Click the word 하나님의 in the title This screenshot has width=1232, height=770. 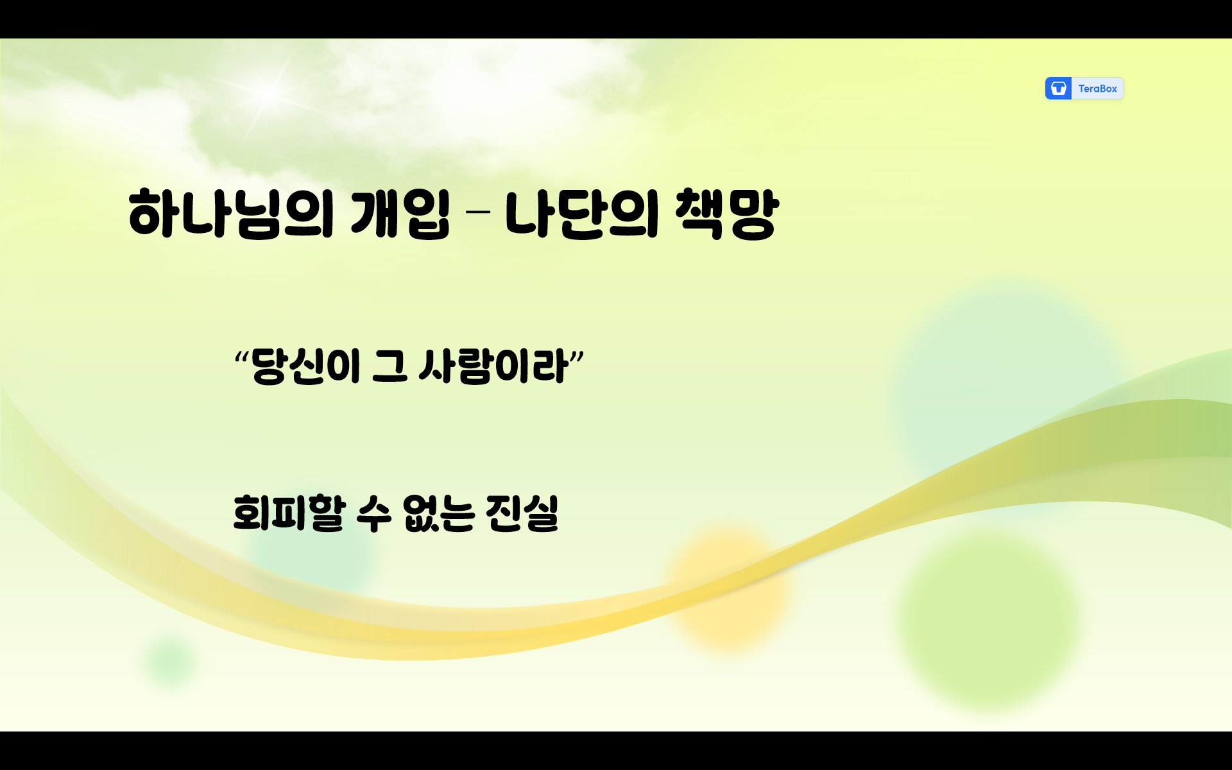(231, 214)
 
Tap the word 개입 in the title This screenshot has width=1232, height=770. (400, 214)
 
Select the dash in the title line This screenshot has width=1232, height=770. (476, 211)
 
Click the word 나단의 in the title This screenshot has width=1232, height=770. (581, 214)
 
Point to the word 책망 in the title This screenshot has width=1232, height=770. (727, 214)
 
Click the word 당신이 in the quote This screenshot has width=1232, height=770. (305, 366)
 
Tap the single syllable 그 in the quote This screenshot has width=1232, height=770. (389, 366)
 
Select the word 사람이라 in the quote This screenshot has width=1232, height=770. (493, 366)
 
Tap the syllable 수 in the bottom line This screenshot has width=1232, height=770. (373, 513)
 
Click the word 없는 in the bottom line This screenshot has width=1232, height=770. (438, 513)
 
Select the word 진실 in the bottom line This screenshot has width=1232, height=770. (522, 513)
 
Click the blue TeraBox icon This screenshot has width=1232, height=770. (1058, 89)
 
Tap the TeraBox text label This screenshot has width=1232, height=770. (1097, 89)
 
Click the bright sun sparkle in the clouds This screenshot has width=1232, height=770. (268, 93)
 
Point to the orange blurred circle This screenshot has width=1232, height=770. (728, 587)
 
